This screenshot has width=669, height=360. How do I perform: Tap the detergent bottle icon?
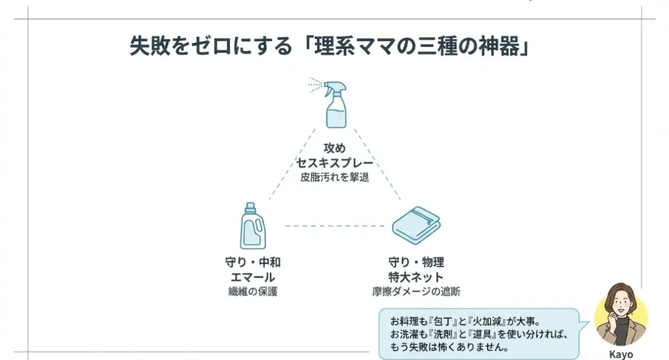pyautogui.click(x=253, y=226)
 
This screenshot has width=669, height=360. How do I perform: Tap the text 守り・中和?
pyautogui.click(x=253, y=263)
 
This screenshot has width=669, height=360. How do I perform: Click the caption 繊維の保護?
pyautogui.click(x=253, y=291)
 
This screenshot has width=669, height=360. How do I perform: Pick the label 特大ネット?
pyautogui.click(x=416, y=277)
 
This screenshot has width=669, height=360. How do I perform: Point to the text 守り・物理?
pyautogui.click(x=416, y=263)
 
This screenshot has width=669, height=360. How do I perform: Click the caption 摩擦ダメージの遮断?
pyautogui.click(x=416, y=291)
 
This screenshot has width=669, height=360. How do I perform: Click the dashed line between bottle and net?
pyautogui.click(x=334, y=226)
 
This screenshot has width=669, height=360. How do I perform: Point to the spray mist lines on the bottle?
pyautogui.click(x=315, y=84)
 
